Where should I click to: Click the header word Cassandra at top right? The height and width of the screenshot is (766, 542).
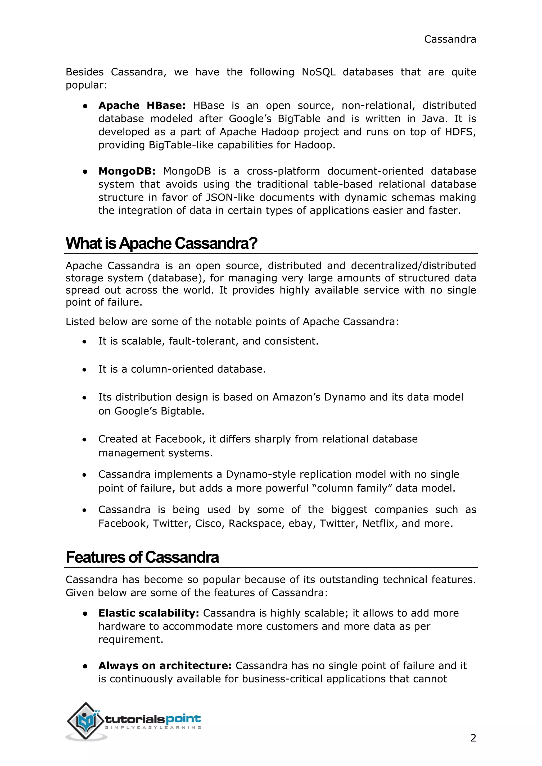(x=450, y=39)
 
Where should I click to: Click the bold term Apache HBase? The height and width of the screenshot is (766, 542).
(x=142, y=106)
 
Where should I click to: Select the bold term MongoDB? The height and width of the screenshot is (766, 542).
(x=127, y=171)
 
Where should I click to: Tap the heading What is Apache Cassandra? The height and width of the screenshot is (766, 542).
(x=161, y=243)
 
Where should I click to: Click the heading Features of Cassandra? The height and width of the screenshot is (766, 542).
(x=142, y=557)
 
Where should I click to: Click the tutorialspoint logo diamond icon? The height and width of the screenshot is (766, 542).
(x=85, y=721)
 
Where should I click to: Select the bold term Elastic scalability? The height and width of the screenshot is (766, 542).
(x=148, y=613)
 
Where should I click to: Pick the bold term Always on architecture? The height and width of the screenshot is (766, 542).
(x=165, y=665)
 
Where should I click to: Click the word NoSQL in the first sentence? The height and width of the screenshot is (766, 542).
(x=318, y=72)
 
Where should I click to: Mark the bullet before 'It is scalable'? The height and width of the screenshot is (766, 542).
(x=85, y=342)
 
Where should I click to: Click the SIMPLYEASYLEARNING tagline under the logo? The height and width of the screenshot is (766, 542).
(x=153, y=728)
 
